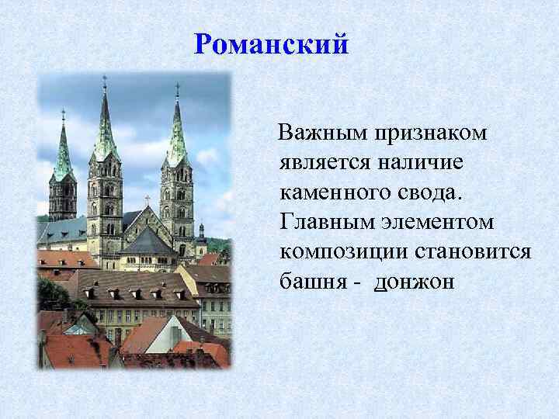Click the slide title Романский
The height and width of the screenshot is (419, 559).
[x=272, y=44]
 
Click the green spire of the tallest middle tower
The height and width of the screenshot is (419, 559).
[x=105, y=124]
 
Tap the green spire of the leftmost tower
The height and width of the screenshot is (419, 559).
[x=63, y=151]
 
